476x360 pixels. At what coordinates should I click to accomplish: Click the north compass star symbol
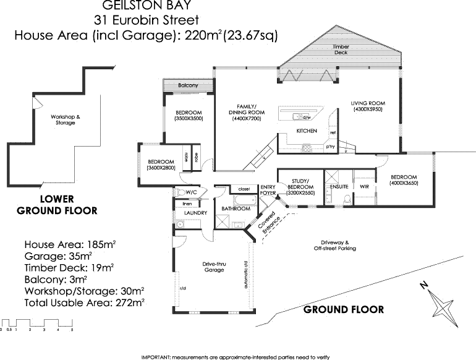443,305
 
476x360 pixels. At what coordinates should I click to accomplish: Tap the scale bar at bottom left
37,324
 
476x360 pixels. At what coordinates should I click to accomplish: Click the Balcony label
188,85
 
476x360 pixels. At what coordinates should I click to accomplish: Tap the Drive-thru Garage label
215,267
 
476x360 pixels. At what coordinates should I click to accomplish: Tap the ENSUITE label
340,186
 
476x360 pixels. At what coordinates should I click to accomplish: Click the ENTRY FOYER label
268,190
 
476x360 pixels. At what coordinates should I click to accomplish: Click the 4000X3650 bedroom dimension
405,184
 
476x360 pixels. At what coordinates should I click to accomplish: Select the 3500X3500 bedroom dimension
189,118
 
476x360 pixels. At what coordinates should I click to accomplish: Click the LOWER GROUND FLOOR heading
57,205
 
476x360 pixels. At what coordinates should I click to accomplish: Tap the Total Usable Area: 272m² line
84,302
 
